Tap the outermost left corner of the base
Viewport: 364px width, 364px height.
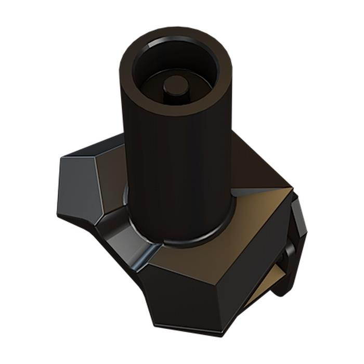[x=57, y=213]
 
